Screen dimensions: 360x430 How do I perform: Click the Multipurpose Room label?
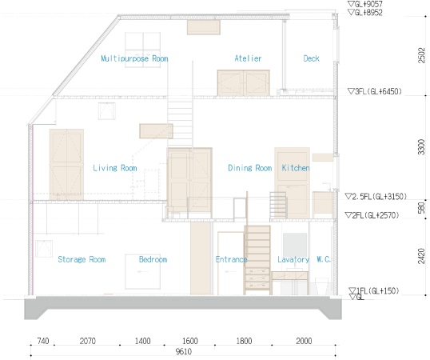pos(134,59)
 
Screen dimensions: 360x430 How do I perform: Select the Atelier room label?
pos(248,59)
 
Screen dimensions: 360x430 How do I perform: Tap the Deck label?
pos(312,59)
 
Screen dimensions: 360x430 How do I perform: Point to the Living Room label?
pos(115,168)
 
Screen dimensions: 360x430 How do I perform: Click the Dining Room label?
pos(250,168)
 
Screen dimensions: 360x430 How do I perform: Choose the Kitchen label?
pos(295,168)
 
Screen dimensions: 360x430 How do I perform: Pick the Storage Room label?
pos(82,260)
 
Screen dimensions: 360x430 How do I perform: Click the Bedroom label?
pos(153,260)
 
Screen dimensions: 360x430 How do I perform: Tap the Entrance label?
pos(231,260)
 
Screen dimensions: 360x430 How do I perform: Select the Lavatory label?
pos(293,260)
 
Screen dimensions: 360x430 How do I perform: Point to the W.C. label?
pos(324,260)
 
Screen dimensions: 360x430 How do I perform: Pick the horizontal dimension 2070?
pos(88,342)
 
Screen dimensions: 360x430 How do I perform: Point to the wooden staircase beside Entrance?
pos(257,258)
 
